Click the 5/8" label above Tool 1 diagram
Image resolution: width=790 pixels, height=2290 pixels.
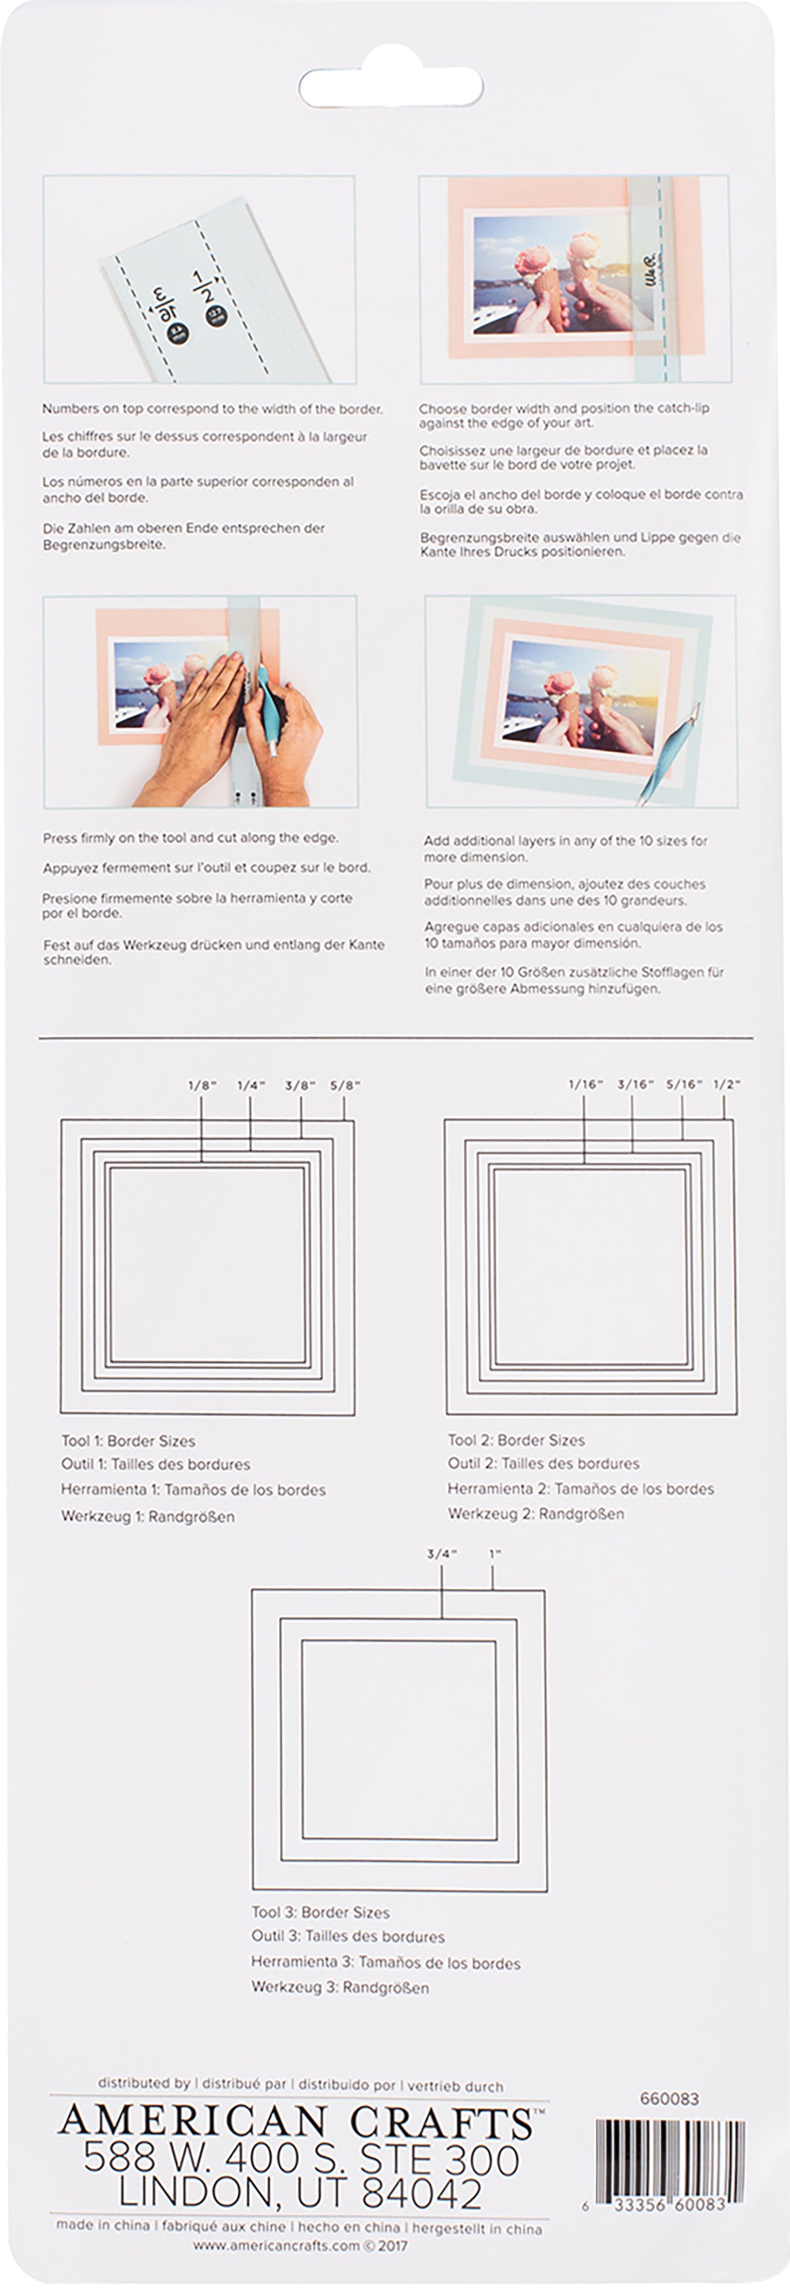[x=345, y=1085]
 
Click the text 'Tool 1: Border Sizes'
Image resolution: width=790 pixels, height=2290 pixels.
[x=128, y=1441]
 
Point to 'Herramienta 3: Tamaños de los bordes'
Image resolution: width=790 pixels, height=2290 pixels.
[x=386, y=1963]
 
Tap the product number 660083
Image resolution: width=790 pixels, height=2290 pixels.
[x=669, y=2098]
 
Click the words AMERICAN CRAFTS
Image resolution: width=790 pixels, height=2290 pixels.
[x=296, y=2123]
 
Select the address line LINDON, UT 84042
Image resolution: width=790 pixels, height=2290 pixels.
[x=300, y=2193]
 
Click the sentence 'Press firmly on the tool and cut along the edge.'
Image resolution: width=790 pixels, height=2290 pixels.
[x=190, y=837]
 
